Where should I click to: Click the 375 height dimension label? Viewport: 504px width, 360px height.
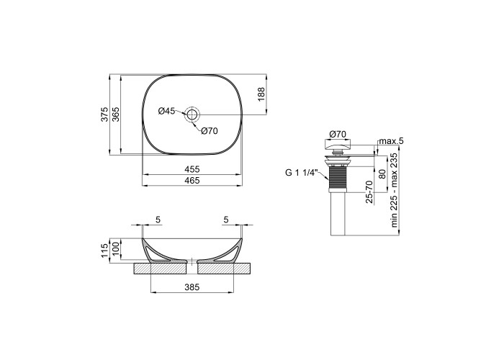click(104, 114)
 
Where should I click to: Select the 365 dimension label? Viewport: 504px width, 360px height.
click(115, 114)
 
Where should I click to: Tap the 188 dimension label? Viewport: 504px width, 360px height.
click(261, 94)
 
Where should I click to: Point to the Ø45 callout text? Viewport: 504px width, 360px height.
click(167, 111)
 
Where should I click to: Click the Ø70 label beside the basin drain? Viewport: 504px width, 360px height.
click(210, 131)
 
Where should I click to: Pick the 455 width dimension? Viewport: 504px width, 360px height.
click(192, 169)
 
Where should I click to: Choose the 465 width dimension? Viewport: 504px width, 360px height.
click(192, 180)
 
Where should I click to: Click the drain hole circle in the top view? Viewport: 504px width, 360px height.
click(192, 114)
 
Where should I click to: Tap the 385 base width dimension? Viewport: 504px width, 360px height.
click(192, 287)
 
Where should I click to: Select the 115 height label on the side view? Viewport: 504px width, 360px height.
click(104, 251)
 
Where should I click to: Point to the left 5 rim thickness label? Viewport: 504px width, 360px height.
click(158, 220)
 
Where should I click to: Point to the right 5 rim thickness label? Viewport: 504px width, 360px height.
click(226, 220)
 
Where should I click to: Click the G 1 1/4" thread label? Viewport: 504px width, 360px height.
click(301, 173)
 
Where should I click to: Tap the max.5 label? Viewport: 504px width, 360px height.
click(391, 141)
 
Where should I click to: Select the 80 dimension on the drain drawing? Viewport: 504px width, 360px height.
click(382, 174)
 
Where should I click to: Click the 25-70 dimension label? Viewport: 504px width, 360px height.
click(369, 192)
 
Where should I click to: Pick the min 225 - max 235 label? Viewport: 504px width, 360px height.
click(394, 190)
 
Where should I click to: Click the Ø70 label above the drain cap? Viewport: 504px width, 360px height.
click(338, 134)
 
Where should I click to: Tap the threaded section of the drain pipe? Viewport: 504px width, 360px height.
click(337, 177)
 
